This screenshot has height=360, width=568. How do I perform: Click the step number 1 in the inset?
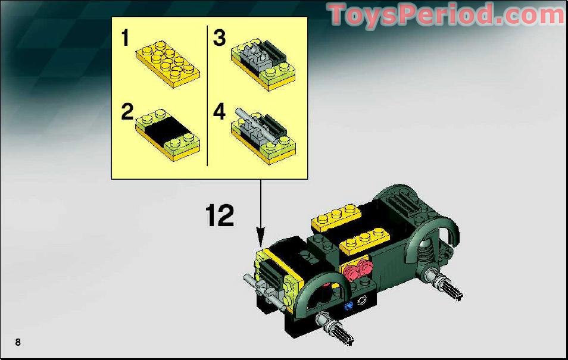pos(125,39)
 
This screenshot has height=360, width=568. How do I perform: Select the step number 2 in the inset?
pos(127,112)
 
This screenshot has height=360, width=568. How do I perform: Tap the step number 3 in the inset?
pos(220,39)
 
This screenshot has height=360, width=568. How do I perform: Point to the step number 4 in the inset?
pos(220,112)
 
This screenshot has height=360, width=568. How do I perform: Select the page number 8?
pos(18,342)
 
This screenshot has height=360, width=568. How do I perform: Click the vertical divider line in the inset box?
pos(207,95)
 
